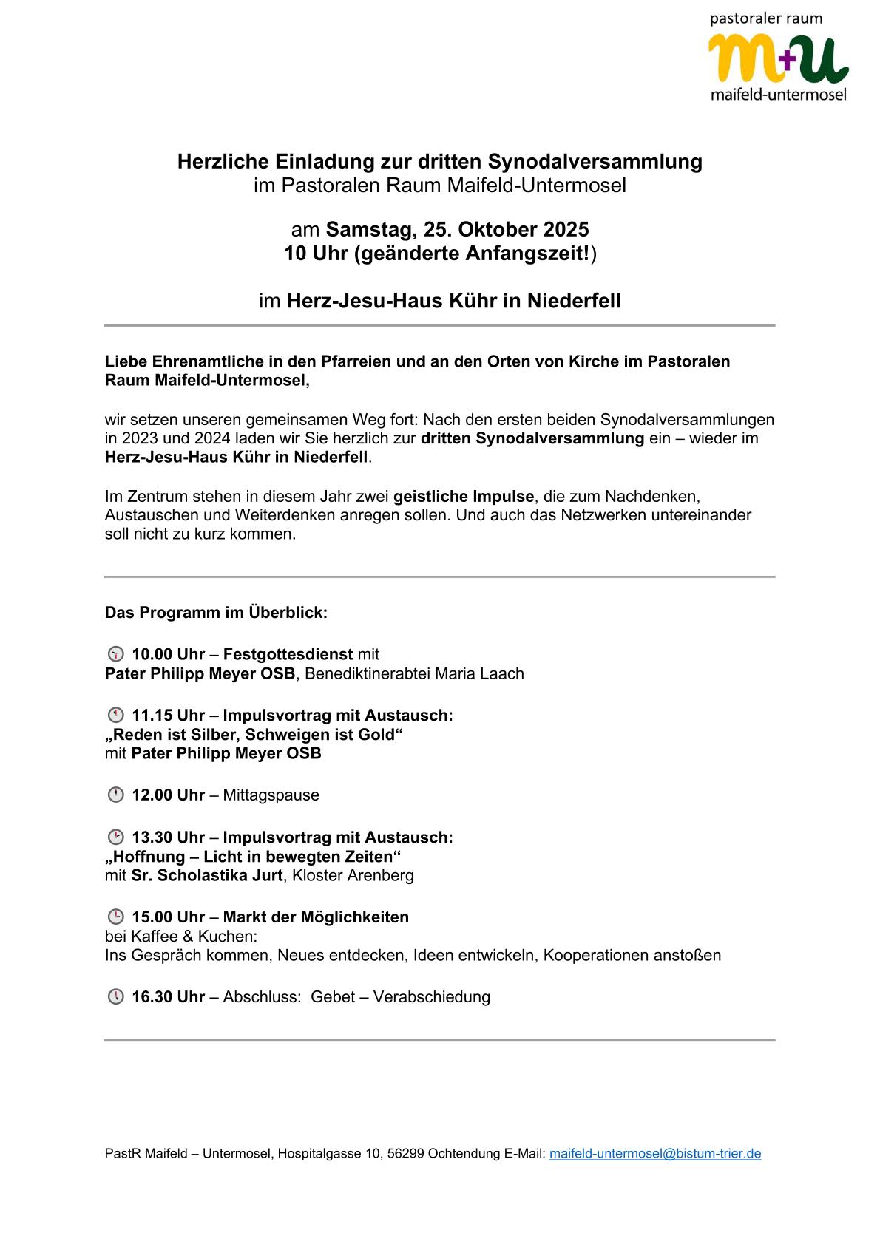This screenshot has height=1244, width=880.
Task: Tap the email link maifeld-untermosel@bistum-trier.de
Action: [654, 1153]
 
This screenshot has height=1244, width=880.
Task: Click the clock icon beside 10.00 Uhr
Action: [116, 654]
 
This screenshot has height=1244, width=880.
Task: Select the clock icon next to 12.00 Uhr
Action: [116, 795]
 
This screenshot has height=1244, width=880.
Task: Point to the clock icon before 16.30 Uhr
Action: [116, 997]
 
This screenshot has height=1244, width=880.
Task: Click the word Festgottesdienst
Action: [288, 654]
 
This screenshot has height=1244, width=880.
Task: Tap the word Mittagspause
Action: [271, 795]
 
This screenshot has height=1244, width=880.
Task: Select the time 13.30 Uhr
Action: [168, 837]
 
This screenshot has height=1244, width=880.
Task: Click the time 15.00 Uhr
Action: [168, 917]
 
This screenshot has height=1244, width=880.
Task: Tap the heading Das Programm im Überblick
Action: [216, 613]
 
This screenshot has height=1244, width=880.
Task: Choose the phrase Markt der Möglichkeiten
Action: [316, 917]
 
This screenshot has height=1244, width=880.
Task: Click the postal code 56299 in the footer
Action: [405, 1153]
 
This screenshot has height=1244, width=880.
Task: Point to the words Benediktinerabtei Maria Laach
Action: [414, 674]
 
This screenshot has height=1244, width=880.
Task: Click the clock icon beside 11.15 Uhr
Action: [116, 716]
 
